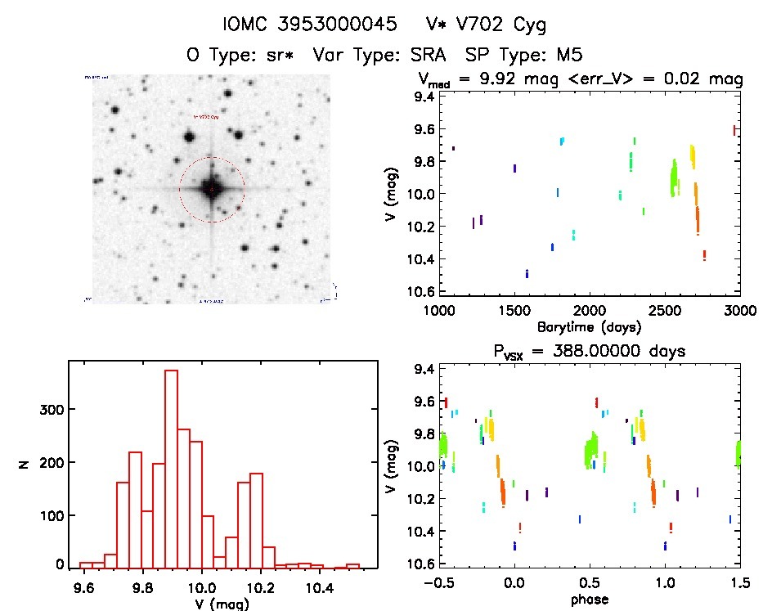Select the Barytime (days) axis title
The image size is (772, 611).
pos(590,327)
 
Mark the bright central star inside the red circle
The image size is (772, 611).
pos(212,189)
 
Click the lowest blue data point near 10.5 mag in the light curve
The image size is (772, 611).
pos(527,273)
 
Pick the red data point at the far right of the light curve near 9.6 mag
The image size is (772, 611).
pos(734,129)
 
